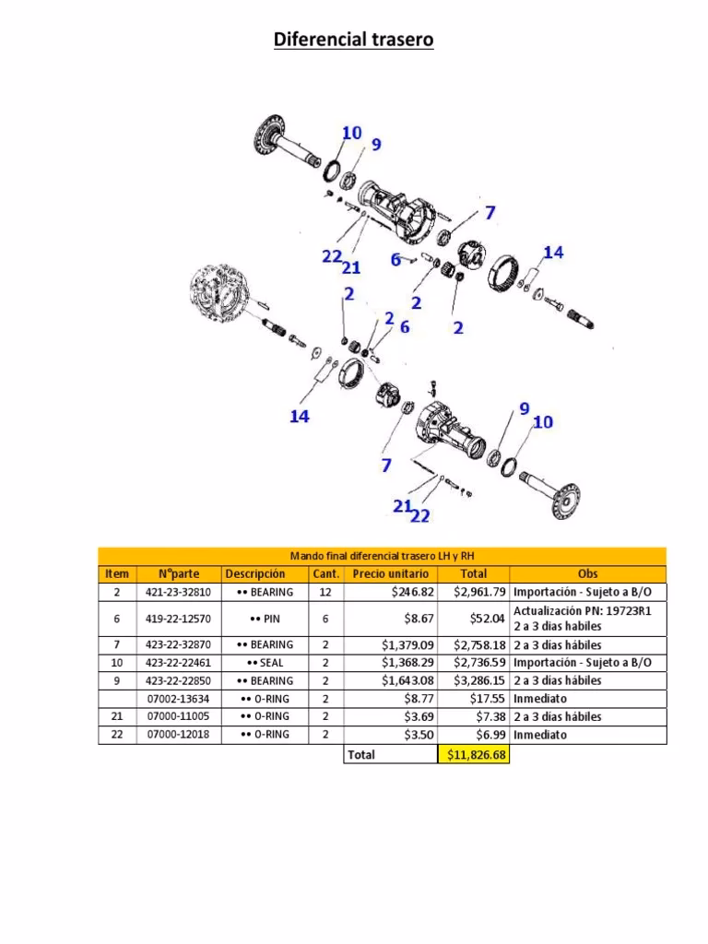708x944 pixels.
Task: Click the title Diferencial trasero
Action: coord(354,40)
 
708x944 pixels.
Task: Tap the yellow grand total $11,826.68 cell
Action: coord(473,755)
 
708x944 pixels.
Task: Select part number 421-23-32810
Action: coord(179,592)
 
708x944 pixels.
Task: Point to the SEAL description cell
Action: coord(265,663)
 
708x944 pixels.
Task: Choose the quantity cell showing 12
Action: coord(324,592)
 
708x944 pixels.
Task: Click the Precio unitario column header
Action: coord(390,573)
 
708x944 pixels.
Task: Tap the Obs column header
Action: coord(587,573)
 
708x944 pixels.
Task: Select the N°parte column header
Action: coord(179,573)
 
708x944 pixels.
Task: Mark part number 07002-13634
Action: coord(179,699)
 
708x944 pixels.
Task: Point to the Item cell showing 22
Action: coord(116,735)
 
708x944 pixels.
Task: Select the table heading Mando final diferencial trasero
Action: coord(382,555)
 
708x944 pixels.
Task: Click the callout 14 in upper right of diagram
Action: coord(553,253)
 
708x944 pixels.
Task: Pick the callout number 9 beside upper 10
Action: coord(375,145)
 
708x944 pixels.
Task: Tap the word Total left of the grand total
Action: coord(361,755)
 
